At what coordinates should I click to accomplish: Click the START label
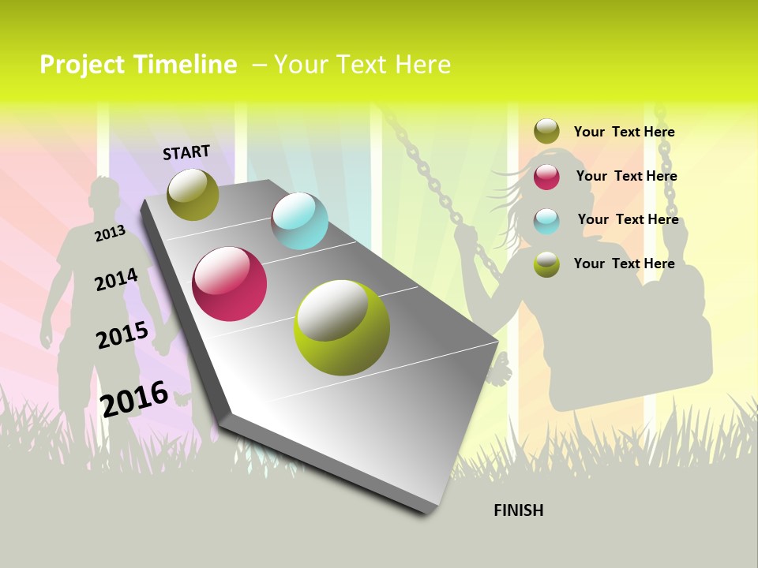click(186, 151)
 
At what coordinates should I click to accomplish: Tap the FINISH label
click(518, 510)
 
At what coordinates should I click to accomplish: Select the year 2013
click(110, 233)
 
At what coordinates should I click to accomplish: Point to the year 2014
click(116, 279)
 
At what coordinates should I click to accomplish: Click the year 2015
click(122, 334)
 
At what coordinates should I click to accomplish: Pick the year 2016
click(134, 398)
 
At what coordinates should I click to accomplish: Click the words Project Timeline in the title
click(138, 65)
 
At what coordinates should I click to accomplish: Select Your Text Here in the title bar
click(362, 65)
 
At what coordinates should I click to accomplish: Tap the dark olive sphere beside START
click(193, 194)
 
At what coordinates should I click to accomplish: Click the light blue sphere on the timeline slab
click(299, 221)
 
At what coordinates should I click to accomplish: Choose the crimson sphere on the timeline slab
click(230, 284)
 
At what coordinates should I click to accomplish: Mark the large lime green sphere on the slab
click(342, 327)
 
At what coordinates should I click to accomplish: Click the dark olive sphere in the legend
click(546, 132)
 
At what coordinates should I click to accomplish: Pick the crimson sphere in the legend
click(546, 177)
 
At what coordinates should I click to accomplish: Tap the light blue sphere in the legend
click(546, 221)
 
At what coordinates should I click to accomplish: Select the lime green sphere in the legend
click(546, 264)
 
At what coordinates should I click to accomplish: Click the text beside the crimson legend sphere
click(626, 176)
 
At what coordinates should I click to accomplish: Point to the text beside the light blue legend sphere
click(628, 219)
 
